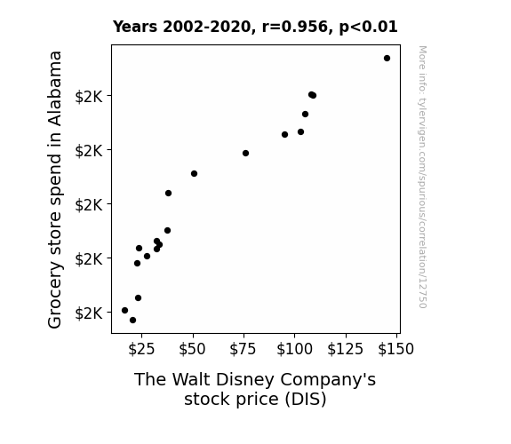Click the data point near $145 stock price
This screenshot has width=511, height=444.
[387, 59]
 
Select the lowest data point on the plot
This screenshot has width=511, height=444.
[132, 321]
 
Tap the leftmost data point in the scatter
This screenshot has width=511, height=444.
[124, 311]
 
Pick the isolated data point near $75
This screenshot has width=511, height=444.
[245, 153]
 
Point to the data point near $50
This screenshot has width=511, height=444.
[195, 174]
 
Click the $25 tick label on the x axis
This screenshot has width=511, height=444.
[141, 349]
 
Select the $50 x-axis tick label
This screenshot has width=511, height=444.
[192, 349]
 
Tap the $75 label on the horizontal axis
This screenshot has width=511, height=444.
[244, 349]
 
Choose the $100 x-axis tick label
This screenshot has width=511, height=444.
[295, 349]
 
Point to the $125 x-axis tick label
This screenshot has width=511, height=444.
[346, 349]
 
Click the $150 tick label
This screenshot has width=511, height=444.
[396, 349]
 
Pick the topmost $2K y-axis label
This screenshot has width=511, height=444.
[89, 97]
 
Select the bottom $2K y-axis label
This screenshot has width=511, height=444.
[89, 313]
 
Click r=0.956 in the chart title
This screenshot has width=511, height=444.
[295, 27]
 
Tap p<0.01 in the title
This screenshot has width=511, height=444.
[368, 27]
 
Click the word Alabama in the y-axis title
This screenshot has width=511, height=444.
[55, 89]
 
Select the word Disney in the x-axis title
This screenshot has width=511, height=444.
[244, 380]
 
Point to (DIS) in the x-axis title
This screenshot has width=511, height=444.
[306, 400]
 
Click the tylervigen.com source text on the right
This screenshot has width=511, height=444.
[423, 177]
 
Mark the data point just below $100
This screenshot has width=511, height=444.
[285, 135]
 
